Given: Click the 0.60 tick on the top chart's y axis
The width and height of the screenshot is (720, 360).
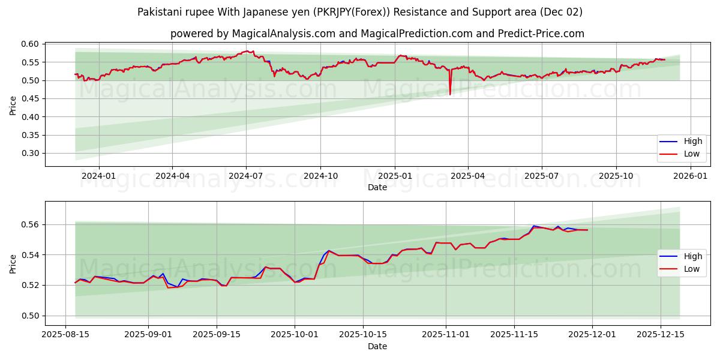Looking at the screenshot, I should pyautogui.click(x=31, y=44).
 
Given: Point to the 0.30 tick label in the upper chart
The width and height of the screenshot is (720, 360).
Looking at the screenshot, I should pyautogui.click(x=31, y=153).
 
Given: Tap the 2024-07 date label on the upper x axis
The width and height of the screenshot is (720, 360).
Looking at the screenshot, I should pyautogui.click(x=246, y=176).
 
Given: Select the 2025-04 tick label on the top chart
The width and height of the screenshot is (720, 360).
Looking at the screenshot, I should pyautogui.click(x=467, y=176).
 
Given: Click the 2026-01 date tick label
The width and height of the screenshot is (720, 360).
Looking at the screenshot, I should pyautogui.click(x=690, y=176).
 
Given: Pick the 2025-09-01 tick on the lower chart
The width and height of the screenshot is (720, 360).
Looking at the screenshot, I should pyautogui.click(x=149, y=335).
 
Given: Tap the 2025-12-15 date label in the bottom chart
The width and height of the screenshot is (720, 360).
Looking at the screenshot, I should pyautogui.click(x=661, y=335).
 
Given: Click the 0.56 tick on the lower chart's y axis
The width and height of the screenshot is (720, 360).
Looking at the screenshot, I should pyautogui.click(x=31, y=224).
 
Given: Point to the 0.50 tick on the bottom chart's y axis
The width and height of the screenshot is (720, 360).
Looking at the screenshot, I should pyautogui.click(x=31, y=316).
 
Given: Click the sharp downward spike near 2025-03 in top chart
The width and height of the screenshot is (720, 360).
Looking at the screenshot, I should pyautogui.click(x=450, y=93).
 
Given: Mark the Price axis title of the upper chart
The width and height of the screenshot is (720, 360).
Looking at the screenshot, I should pyautogui.click(x=13, y=105).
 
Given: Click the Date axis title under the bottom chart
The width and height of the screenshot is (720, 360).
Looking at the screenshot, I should pyautogui.click(x=377, y=346).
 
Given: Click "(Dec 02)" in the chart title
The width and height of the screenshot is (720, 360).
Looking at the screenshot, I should pyautogui.click(x=560, y=12).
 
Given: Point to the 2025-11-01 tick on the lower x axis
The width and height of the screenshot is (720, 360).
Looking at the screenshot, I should pyautogui.click(x=446, y=335).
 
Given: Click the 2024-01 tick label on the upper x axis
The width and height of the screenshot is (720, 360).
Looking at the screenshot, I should pyautogui.click(x=98, y=176).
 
